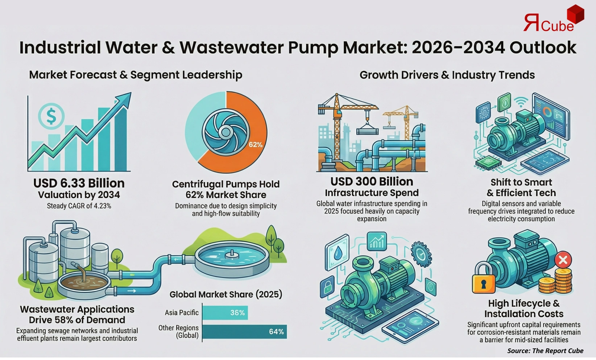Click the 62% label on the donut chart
[x=255, y=145]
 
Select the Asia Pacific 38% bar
[x=225, y=313]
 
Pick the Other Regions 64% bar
[x=244, y=332]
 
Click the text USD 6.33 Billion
[x=79, y=183]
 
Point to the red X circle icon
[x=563, y=260]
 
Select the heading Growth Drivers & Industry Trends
[x=447, y=75]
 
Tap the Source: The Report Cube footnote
[x=545, y=351]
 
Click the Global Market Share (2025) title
[x=225, y=294]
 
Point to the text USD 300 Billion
[x=372, y=182]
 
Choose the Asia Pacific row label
[x=182, y=313]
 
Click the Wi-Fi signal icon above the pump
[x=521, y=103]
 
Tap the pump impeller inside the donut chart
[x=225, y=131]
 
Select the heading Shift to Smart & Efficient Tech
[x=521, y=187]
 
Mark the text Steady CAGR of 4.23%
[x=79, y=206]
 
